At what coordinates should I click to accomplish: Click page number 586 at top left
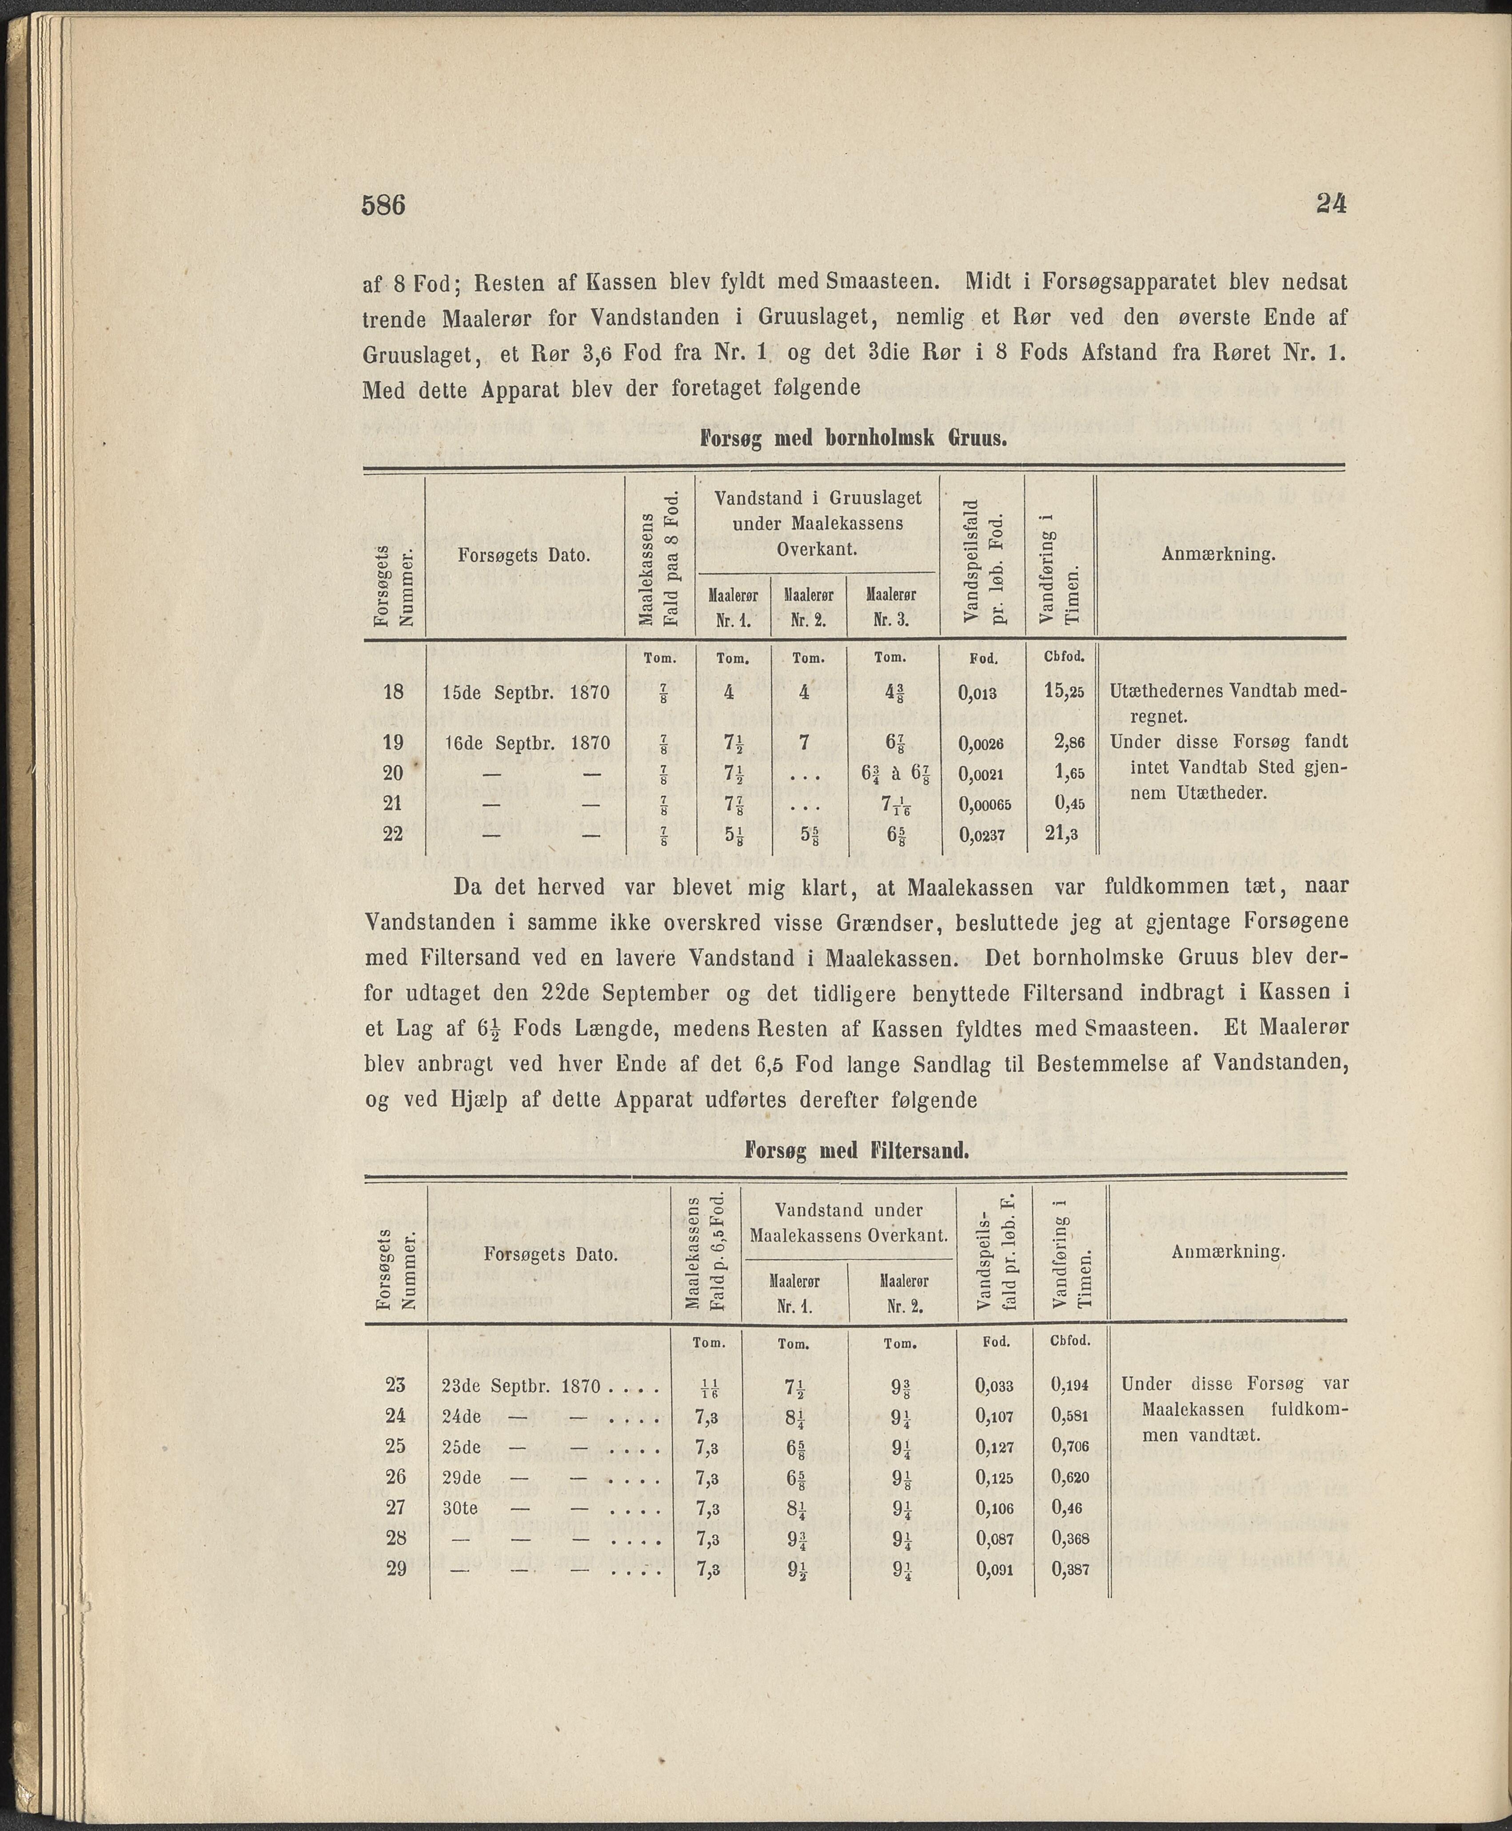click(384, 206)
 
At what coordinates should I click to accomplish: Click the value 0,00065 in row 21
click(985, 805)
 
